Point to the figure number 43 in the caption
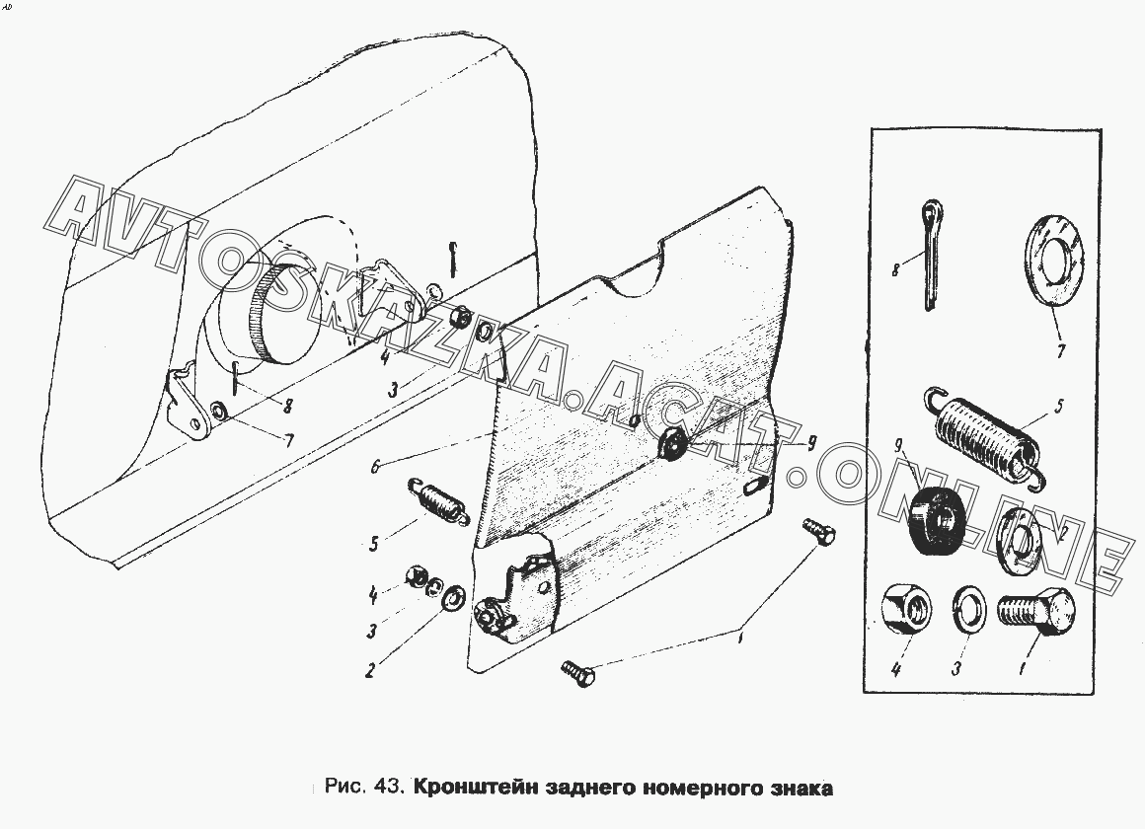click(387, 789)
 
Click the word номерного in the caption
click(700, 789)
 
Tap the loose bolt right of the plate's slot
click(822, 530)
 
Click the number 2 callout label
click(368, 671)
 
